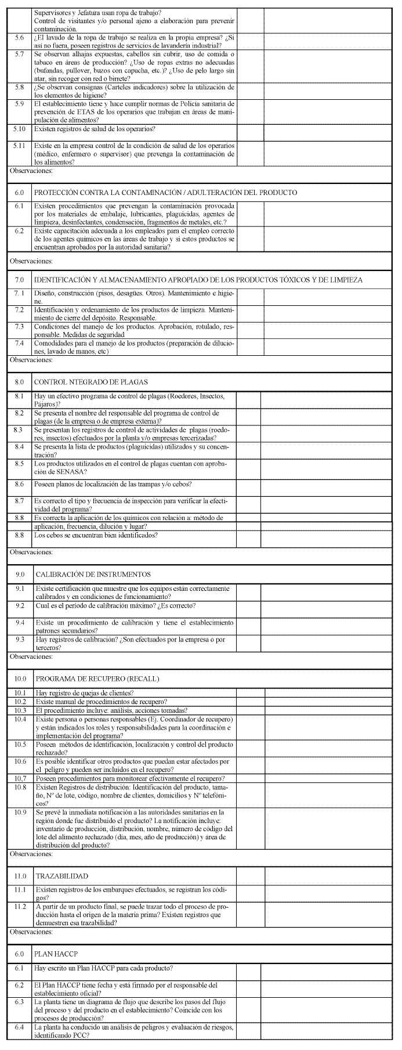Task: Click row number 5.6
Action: (19, 38)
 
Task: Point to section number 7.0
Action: (19, 280)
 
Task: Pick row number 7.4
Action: (19, 344)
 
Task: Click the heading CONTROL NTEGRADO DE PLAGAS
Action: (91, 382)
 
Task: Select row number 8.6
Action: (19, 483)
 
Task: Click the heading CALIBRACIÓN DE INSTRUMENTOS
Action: (93, 574)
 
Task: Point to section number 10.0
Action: (20, 678)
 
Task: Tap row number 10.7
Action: (20, 778)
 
